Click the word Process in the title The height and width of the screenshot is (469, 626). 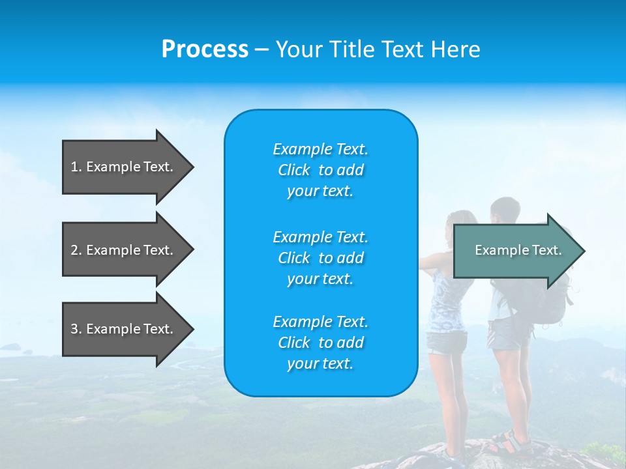[x=205, y=50]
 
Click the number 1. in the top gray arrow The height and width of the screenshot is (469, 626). [x=76, y=167]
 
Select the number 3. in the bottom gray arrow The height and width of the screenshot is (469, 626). [x=76, y=329]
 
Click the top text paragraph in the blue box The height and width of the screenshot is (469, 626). [x=320, y=170]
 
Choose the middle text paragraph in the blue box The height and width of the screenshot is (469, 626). [x=320, y=258]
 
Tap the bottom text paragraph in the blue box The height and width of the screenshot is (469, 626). [x=320, y=343]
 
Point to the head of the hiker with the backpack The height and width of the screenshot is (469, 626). [x=505, y=210]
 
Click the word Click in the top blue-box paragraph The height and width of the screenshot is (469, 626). [x=294, y=170]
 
